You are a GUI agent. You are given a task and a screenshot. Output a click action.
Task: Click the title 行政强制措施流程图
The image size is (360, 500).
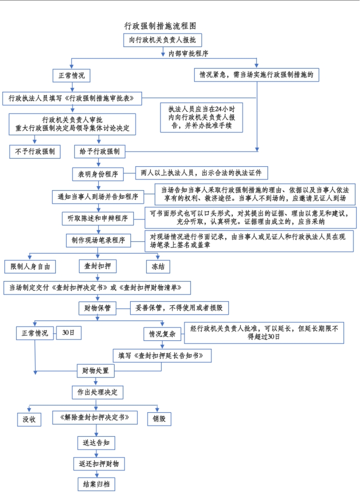(162, 26)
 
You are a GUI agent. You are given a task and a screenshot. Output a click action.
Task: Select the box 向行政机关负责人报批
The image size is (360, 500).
(162, 40)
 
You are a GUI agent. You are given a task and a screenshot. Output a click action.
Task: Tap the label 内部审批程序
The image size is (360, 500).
(188, 54)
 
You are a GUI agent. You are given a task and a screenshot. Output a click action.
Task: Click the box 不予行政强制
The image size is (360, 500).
(35, 152)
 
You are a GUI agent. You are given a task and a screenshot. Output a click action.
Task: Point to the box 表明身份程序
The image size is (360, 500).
(98, 174)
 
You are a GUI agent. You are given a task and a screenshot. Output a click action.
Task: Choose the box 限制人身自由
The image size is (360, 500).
(30, 266)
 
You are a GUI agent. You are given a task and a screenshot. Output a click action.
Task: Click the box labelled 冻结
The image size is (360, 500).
(158, 266)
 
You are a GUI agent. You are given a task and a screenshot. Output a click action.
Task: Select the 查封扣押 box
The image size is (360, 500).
(97, 266)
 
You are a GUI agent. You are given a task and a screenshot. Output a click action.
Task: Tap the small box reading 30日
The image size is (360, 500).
(68, 333)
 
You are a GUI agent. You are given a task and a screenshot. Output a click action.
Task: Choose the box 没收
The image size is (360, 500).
(29, 419)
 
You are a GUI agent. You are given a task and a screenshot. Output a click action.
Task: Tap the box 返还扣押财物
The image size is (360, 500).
(99, 464)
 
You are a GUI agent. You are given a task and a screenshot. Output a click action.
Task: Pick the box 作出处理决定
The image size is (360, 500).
(97, 392)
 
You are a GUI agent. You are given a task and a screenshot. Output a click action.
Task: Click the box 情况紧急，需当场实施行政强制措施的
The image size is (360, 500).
(256, 75)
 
